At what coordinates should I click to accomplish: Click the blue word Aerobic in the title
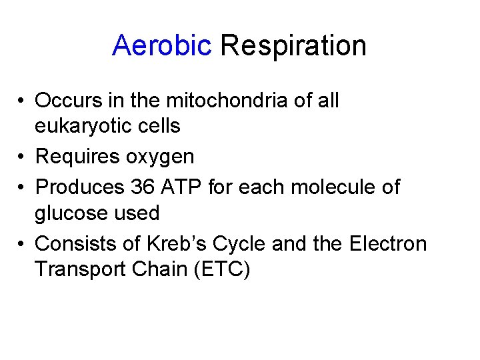tap(161, 46)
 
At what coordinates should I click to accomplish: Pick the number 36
tap(143, 187)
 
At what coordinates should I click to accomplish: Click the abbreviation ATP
tap(182, 187)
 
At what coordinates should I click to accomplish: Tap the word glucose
tap(75, 214)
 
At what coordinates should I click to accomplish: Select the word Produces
tap(79, 187)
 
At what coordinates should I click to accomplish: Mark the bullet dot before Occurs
tap(23, 101)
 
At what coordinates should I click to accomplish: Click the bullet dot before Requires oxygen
tap(23, 157)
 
